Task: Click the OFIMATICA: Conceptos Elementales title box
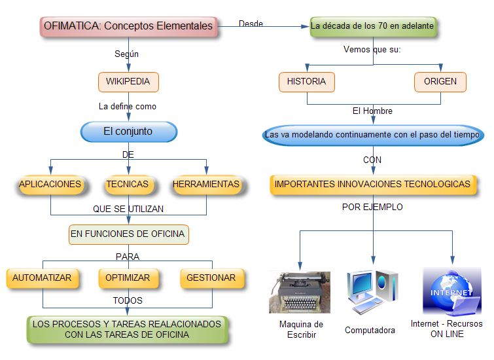tap(128, 27)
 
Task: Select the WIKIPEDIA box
tap(128, 82)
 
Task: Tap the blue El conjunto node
tap(128, 132)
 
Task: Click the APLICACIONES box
tap(50, 185)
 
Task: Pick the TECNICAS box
tap(128, 185)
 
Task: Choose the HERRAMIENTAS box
tap(206, 185)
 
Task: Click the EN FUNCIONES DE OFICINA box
tap(128, 234)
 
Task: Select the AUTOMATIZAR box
tap(43, 278)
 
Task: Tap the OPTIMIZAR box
tap(128, 278)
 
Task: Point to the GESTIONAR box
tap(211, 278)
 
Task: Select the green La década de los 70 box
tap(372, 27)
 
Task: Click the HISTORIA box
tap(307, 82)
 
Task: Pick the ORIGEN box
tap(440, 82)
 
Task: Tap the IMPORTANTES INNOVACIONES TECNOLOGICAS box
tap(372, 185)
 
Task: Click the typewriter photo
tap(300, 292)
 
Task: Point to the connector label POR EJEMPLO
tap(372, 207)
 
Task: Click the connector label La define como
tap(128, 106)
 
